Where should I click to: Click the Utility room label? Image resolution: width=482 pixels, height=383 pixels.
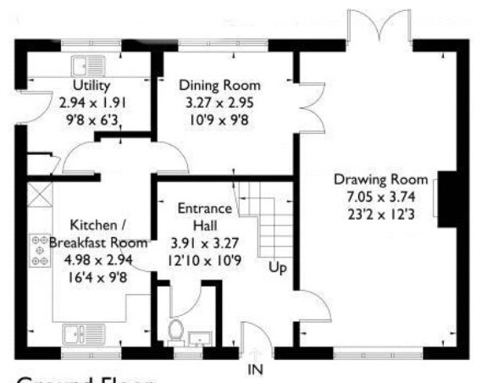pyautogui.click(x=90, y=85)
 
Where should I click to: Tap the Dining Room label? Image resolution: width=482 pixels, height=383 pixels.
pyautogui.click(x=219, y=85)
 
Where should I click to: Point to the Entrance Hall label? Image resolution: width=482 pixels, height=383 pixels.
pyautogui.click(x=200, y=216)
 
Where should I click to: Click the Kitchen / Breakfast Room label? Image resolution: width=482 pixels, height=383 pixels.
pyautogui.click(x=98, y=233)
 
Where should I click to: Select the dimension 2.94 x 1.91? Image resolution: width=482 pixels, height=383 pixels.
pyautogui.click(x=91, y=101)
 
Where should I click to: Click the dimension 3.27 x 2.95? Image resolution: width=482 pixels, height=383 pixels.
pyautogui.click(x=219, y=101)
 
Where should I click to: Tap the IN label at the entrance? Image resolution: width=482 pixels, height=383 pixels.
pyautogui.click(x=256, y=370)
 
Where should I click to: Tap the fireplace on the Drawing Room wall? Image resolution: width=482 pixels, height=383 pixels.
pyautogui.click(x=445, y=197)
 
